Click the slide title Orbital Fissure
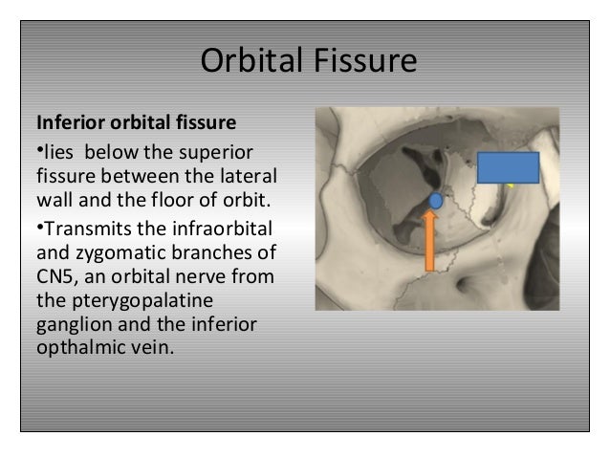308,62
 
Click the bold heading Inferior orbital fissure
136,124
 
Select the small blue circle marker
436,201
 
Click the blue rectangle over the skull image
508,167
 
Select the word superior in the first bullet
218,154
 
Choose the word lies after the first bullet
59,154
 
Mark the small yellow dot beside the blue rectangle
512,185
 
